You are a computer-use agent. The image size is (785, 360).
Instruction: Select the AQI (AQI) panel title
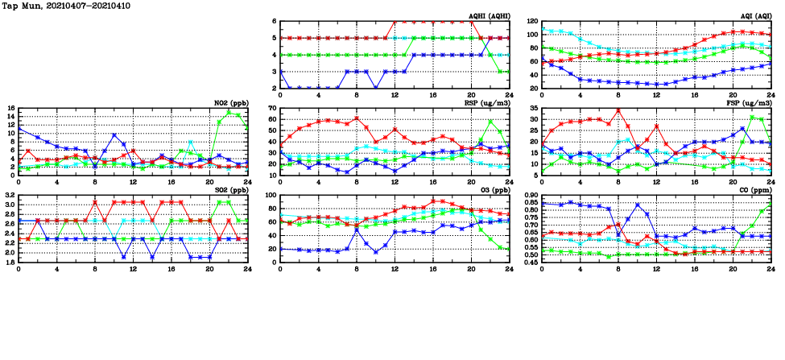click(752, 16)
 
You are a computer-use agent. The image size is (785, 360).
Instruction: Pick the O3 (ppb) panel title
click(493, 190)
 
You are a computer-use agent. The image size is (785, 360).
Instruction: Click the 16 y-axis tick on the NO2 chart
click(9, 108)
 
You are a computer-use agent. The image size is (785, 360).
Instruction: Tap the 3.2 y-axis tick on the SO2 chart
click(9, 195)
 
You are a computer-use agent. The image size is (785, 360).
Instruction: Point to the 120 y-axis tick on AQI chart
click(531, 21)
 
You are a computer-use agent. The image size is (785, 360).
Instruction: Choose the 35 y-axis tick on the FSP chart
click(533, 108)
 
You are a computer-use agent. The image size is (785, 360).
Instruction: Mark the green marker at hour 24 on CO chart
click(771, 205)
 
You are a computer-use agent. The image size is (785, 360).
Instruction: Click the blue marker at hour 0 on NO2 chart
click(19, 129)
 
